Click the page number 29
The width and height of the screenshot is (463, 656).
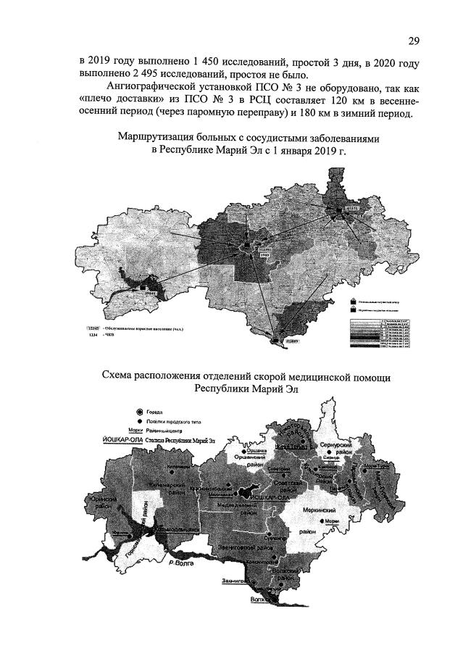pos(414,40)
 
